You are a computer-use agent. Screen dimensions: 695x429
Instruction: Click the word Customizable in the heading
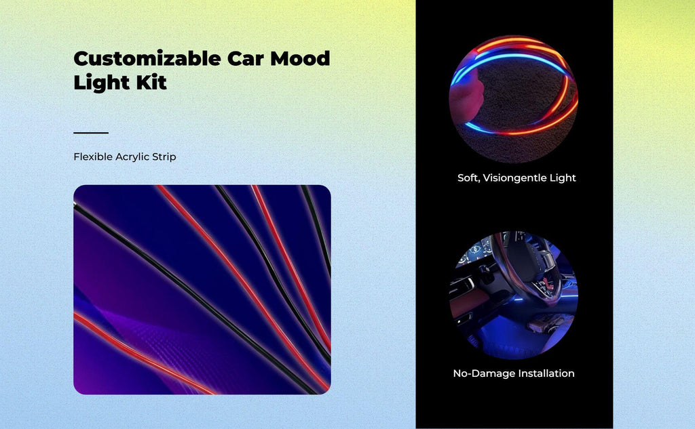pos(147,58)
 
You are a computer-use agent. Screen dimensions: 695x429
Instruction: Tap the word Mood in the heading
pos(300,58)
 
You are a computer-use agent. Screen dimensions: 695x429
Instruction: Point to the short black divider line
pos(91,132)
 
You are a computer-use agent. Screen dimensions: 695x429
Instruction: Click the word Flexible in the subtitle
pos(92,157)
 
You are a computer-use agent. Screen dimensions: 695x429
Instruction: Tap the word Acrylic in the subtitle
pos(132,157)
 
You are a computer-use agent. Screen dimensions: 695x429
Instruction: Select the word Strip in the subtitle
pos(164,157)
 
